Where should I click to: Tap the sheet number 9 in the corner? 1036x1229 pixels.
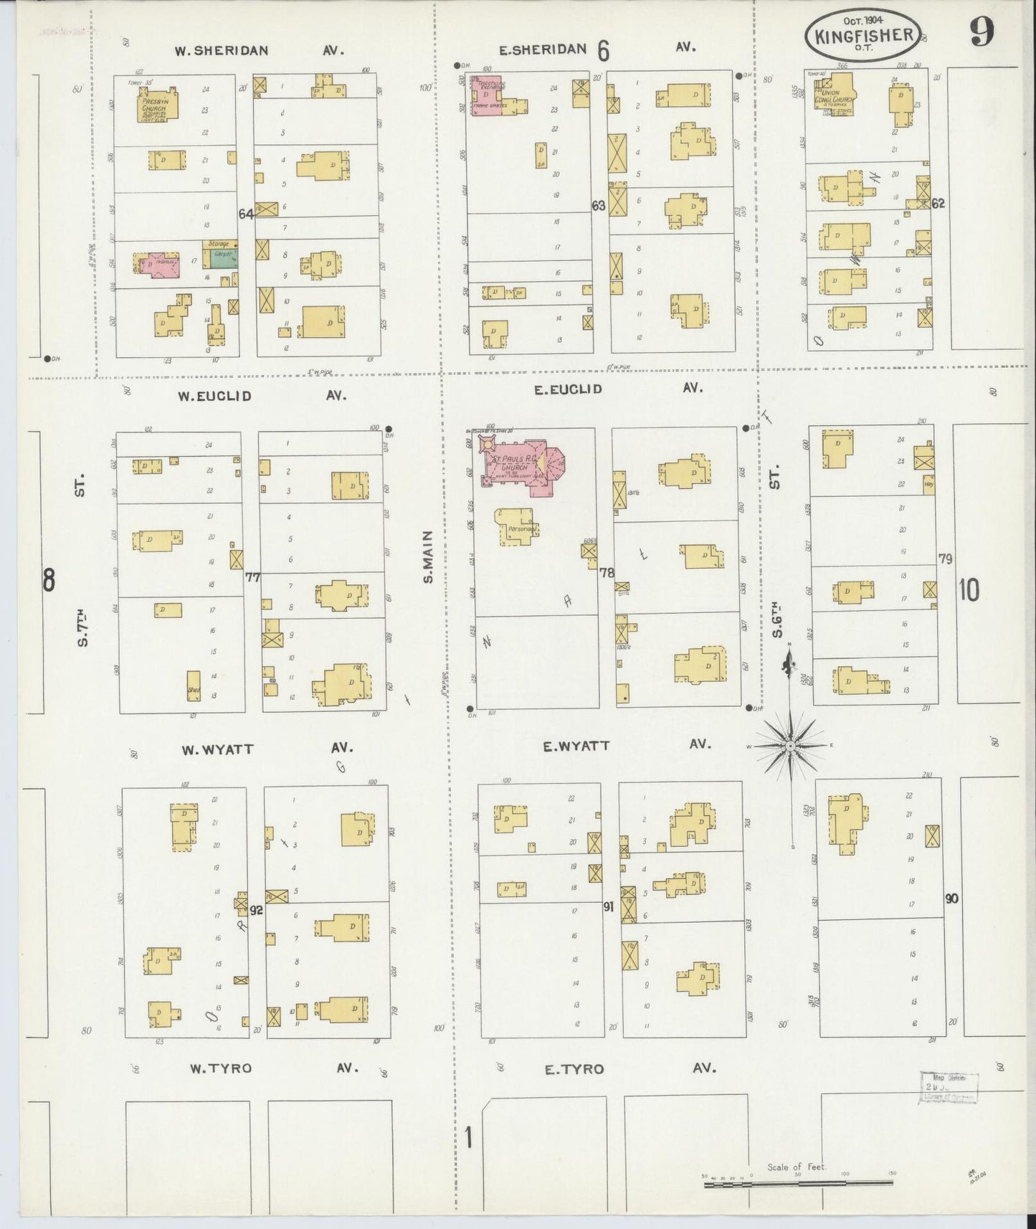(x=982, y=32)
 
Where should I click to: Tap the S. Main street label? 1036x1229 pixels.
(x=428, y=556)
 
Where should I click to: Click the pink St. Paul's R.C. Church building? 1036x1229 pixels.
(x=523, y=466)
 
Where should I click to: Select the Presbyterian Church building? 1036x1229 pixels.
(x=156, y=107)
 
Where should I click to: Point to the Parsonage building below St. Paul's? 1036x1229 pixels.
(x=516, y=527)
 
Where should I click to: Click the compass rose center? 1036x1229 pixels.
(x=789, y=746)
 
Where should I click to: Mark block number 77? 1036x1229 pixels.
(x=252, y=576)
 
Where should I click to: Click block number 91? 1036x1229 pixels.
(x=608, y=907)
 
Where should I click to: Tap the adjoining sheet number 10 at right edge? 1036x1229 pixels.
(x=968, y=590)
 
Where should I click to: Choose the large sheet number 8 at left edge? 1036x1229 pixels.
(x=48, y=579)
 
